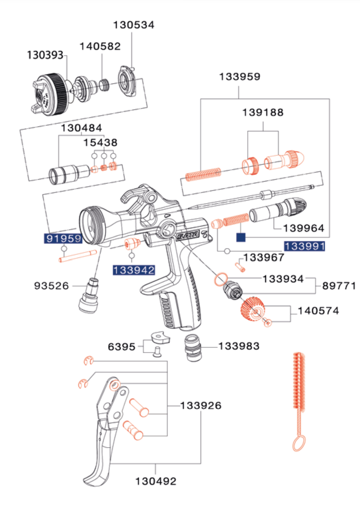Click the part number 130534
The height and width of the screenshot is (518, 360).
[134, 25]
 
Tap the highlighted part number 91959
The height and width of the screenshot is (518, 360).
[63, 239]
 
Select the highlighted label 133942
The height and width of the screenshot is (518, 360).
[134, 270]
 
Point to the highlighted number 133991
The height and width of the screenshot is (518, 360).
[305, 247]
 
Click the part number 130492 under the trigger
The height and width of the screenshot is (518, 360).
[156, 481]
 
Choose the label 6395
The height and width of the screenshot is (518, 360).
[122, 347]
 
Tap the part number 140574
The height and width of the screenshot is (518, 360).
[318, 311]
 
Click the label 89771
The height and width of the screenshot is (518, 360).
[339, 286]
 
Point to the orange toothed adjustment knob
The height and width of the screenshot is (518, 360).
[252, 308]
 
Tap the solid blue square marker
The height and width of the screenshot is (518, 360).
[241, 237]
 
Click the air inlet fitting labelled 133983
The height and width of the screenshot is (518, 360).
[193, 347]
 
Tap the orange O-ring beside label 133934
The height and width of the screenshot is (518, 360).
[221, 280]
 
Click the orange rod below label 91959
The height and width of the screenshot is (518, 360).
[78, 256]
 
